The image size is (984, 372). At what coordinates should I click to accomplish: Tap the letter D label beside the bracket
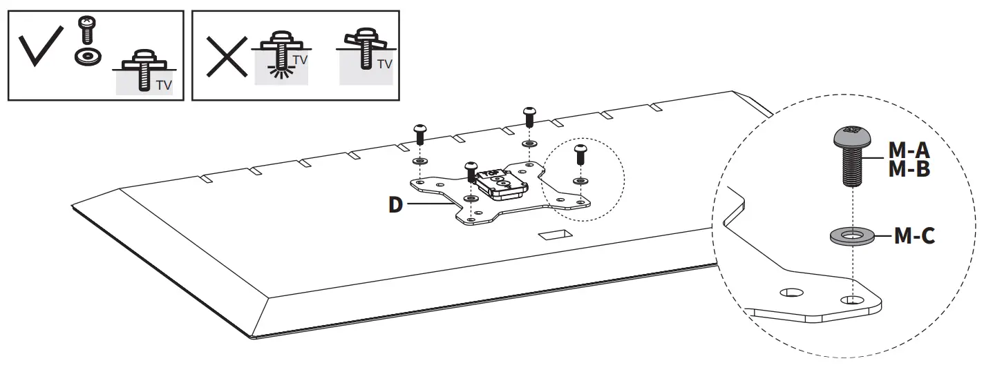[x=395, y=205]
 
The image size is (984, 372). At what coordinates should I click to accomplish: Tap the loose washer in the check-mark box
[x=85, y=55]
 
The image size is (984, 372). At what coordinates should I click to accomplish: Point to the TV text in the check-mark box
[x=164, y=86]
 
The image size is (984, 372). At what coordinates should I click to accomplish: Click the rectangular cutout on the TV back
[x=556, y=235]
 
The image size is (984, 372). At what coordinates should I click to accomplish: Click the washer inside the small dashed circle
[x=579, y=181]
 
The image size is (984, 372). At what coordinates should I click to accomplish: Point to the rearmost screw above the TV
[x=529, y=116]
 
